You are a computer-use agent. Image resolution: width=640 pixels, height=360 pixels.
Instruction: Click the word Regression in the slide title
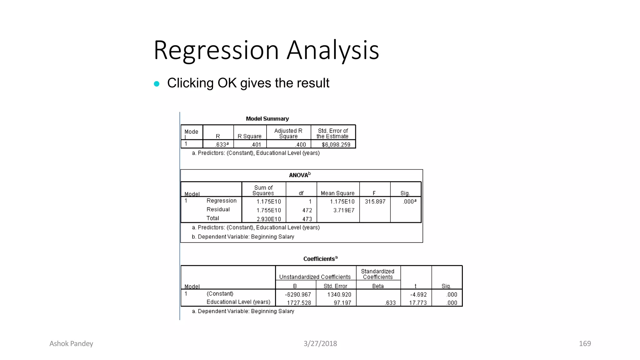point(216,50)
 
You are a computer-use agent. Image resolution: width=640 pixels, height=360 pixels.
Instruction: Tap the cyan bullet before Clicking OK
point(157,84)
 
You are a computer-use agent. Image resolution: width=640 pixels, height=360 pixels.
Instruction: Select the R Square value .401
point(256,145)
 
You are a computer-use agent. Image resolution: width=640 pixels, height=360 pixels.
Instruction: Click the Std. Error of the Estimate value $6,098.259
point(336,145)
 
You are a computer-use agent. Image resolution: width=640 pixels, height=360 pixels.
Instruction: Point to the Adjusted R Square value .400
point(301,145)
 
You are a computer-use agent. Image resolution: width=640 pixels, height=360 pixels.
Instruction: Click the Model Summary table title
point(267,119)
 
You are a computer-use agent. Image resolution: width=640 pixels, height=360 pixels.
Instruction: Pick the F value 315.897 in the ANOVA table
point(375,202)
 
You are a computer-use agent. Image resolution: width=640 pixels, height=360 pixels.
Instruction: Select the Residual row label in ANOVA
point(218,209)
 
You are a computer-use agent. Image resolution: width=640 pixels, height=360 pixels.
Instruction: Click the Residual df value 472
point(307,210)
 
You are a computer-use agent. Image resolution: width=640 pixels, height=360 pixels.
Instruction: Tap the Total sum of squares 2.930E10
point(269,219)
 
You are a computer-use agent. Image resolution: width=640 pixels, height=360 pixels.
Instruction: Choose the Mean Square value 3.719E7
point(344,210)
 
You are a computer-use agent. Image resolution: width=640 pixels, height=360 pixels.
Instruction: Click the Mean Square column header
point(337,193)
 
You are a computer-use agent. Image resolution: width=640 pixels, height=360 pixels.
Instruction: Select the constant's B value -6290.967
point(298,294)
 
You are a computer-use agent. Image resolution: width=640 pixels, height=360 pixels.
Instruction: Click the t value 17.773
point(418,303)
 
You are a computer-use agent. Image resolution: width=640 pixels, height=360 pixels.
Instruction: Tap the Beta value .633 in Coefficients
point(390,303)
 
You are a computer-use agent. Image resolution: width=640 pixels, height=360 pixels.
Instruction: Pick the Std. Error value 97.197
point(342,303)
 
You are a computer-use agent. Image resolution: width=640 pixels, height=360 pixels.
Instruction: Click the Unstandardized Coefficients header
point(315,277)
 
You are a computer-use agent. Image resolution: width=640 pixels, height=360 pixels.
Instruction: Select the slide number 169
point(585,344)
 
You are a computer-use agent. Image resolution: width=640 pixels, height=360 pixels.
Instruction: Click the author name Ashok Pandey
point(71,344)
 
